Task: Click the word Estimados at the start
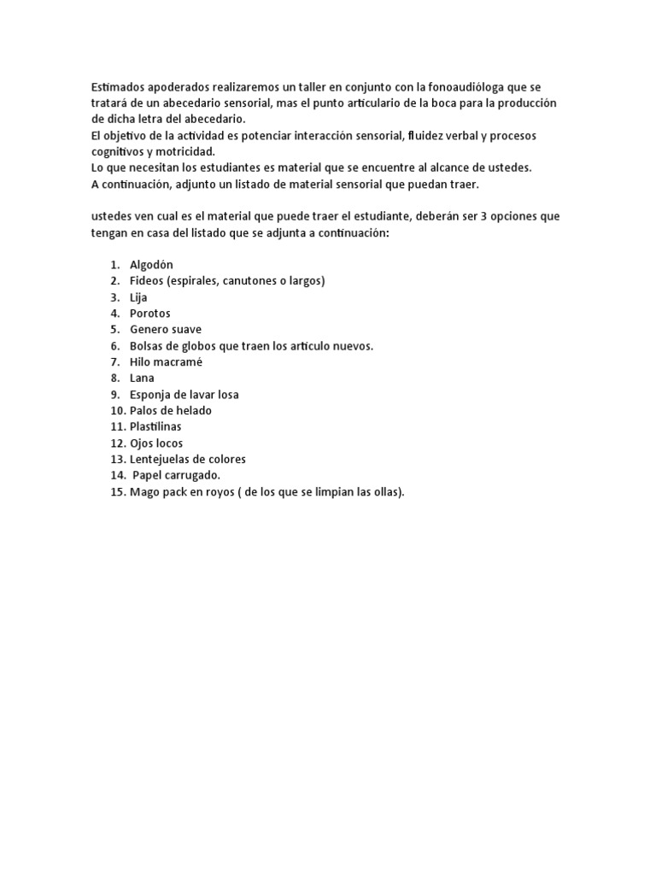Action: point(119,88)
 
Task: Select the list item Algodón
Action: point(151,265)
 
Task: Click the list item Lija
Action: point(138,297)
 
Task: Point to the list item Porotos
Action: point(149,314)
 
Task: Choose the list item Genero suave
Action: point(166,330)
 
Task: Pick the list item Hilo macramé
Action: point(162,362)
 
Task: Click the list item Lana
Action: point(142,378)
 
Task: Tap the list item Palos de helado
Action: point(171,411)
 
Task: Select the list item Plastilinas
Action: point(155,426)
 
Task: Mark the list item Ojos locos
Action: point(156,443)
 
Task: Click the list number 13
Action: point(117,460)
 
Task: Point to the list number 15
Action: point(117,492)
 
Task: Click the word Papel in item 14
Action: point(148,475)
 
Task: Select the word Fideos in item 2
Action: point(147,281)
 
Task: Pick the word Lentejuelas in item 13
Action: point(161,460)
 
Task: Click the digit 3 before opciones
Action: point(484,216)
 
